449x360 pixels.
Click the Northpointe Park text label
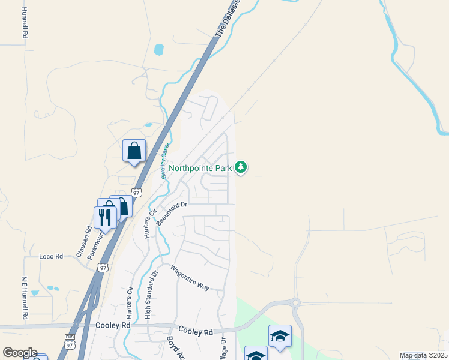coord(200,168)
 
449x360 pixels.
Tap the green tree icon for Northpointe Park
coord(241,167)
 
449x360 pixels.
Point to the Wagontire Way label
coord(190,278)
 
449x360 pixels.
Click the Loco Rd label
coord(51,256)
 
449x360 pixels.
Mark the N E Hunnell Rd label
coord(26,296)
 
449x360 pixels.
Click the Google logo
coord(20,353)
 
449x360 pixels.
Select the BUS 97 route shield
coord(70,341)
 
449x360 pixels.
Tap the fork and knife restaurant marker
coord(105,217)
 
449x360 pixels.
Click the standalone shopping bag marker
coord(134,151)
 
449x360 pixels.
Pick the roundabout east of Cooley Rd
coord(294,303)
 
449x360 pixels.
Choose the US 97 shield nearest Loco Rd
coord(104,268)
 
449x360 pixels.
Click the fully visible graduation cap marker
coord(280,337)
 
